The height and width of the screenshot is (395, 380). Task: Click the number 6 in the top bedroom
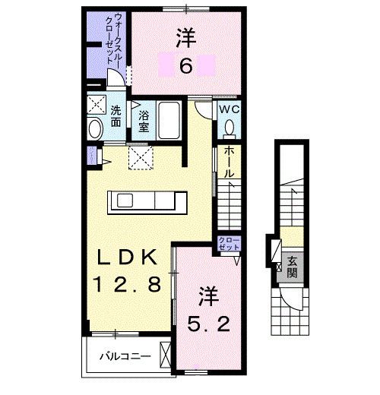point(185,68)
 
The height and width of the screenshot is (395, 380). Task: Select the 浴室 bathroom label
point(144,120)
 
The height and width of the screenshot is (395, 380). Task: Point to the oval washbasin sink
point(95,128)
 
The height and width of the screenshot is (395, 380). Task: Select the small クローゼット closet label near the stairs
point(229,245)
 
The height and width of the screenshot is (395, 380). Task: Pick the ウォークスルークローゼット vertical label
point(110,41)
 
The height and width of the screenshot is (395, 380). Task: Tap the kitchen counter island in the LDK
point(149,201)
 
